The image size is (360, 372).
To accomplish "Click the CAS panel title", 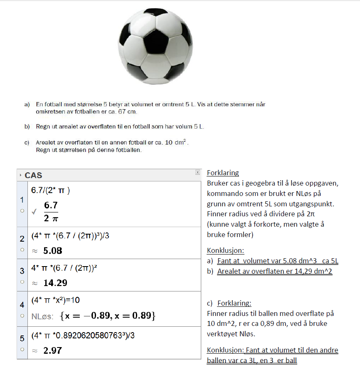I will (x=34, y=175).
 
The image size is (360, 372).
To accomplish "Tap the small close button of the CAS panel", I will (x=198, y=172).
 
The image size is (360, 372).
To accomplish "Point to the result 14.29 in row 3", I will (x=55, y=283).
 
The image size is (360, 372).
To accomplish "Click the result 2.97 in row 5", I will (x=52, y=350).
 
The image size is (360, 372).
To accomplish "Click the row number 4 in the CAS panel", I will (x=22, y=305).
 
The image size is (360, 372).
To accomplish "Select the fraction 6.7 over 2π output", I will (x=51, y=211).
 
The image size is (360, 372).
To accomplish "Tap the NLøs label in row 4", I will (x=42, y=316).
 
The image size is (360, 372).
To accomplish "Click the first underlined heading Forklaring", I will (x=223, y=173).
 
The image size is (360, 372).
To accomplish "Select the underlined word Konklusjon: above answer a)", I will (x=226, y=251).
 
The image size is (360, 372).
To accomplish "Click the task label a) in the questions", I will (x=27, y=105).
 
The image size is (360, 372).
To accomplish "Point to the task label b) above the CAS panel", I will (x=27, y=127).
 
